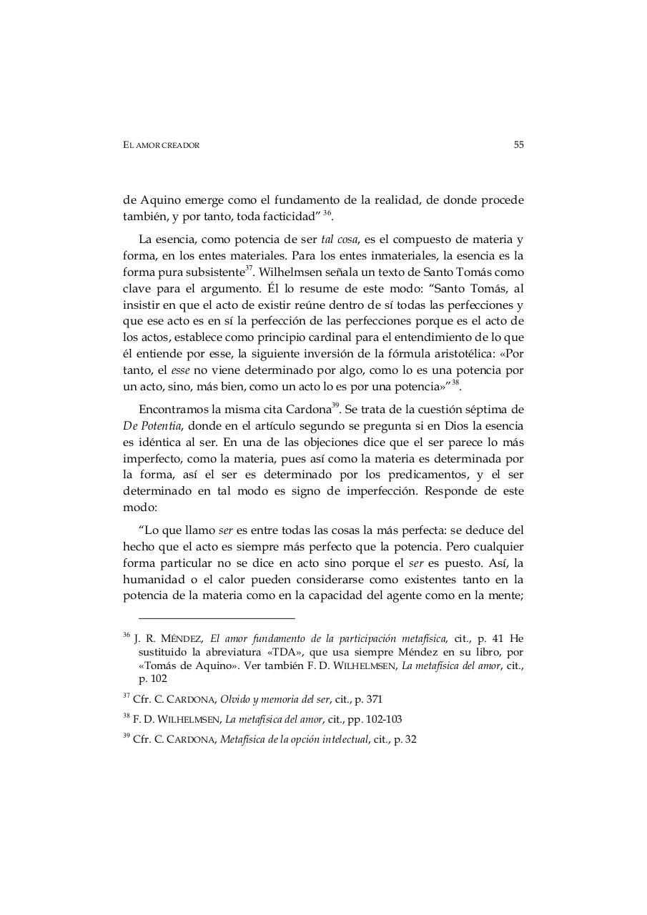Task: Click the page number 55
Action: coord(518,144)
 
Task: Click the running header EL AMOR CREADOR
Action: coord(162,145)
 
